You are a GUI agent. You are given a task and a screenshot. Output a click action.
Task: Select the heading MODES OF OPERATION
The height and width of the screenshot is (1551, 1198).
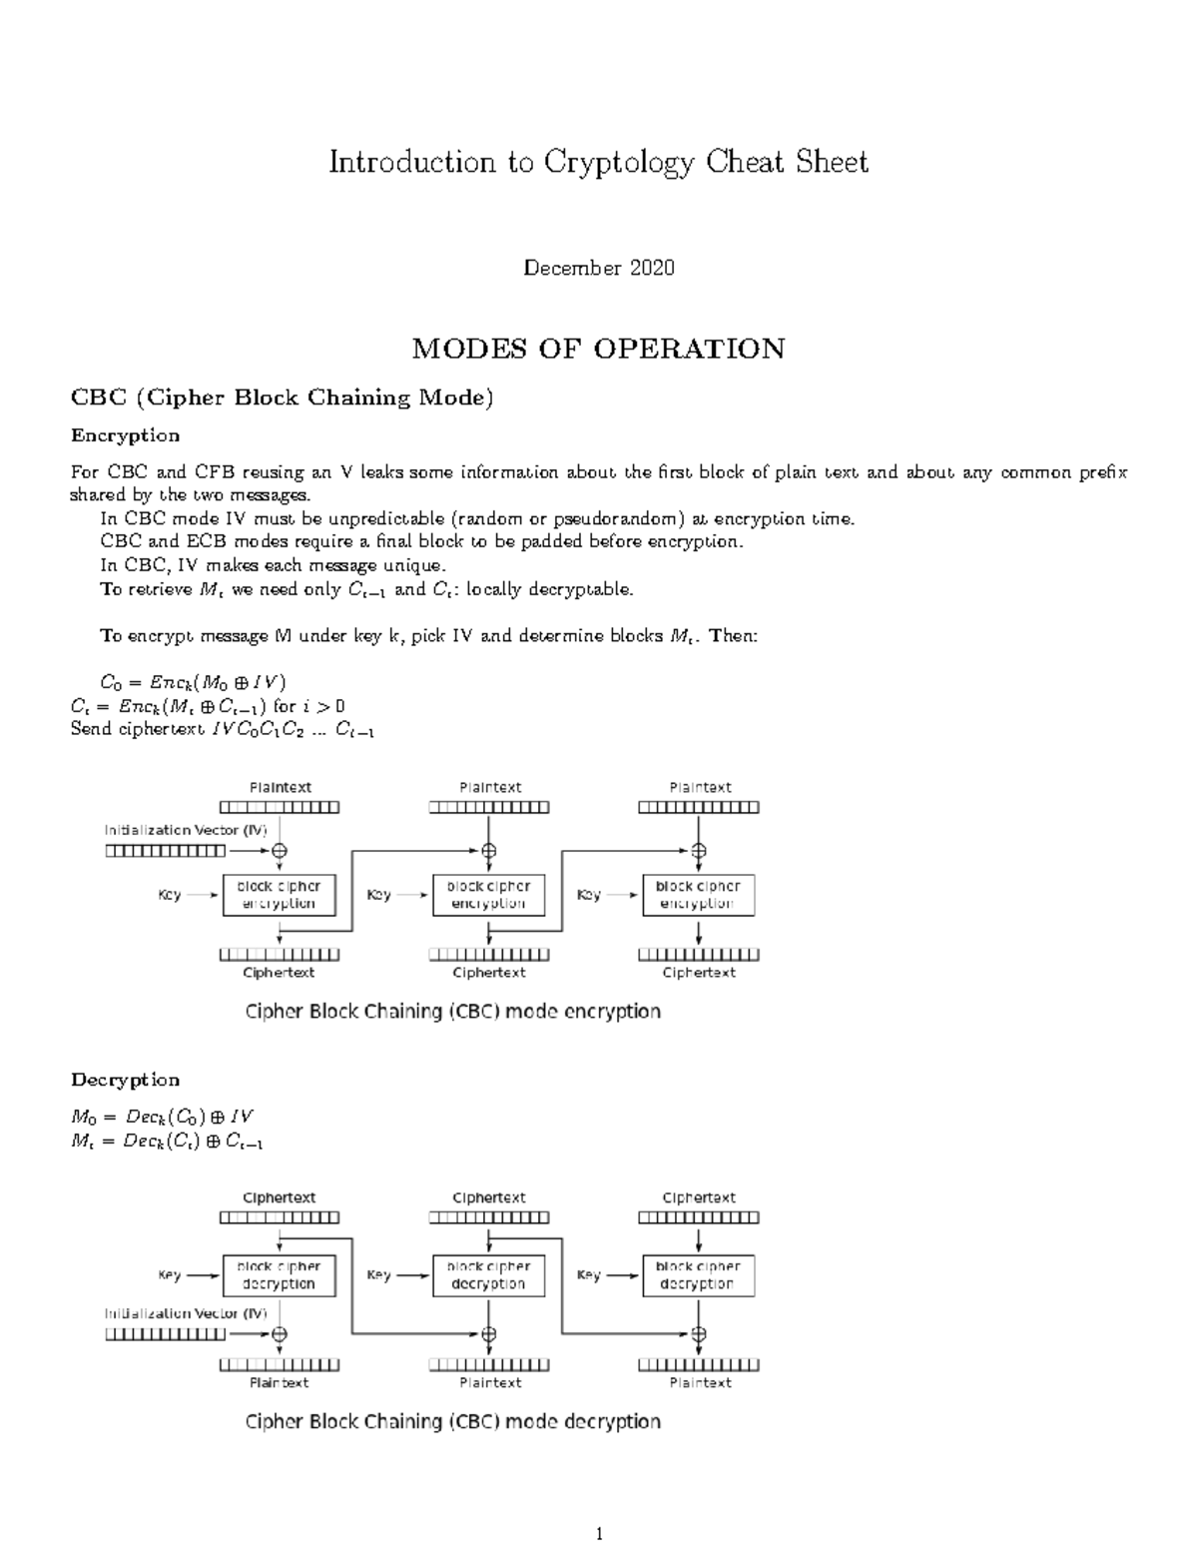[x=598, y=349]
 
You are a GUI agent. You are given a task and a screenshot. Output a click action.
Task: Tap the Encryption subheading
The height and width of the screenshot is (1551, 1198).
[x=125, y=435]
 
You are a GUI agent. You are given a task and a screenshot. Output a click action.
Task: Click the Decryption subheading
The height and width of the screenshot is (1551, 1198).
[x=125, y=1080]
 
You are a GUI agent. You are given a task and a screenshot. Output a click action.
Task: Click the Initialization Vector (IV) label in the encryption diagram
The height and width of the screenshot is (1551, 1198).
[x=186, y=830]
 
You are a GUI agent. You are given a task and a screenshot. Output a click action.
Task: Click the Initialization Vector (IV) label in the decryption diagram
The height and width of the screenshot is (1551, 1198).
[x=186, y=1313]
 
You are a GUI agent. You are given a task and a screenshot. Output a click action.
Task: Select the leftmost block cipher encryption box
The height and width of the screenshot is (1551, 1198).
[x=279, y=895]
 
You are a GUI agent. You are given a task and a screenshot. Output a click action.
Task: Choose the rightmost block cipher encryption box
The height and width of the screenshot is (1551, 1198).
[x=698, y=895]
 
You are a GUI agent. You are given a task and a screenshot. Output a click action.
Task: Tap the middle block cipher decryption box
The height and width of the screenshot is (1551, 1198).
[x=488, y=1275]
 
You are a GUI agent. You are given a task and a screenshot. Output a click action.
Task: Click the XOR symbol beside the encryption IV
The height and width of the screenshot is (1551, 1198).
[x=280, y=851]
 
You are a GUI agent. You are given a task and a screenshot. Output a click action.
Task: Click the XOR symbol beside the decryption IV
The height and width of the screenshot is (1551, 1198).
[x=280, y=1333]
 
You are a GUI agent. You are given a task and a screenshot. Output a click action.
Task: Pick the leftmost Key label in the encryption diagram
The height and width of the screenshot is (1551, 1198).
[x=170, y=895]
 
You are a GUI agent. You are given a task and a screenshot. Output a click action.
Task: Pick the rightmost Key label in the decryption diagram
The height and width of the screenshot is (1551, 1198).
[x=589, y=1275]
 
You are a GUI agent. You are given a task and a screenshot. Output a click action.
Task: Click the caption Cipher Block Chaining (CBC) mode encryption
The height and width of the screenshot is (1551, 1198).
[x=453, y=1012]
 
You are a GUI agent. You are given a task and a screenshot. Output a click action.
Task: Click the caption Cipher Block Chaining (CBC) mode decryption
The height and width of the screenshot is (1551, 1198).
[x=453, y=1422]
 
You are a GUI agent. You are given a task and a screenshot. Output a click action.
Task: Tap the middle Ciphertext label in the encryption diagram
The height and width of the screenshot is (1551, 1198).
[x=489, y=973]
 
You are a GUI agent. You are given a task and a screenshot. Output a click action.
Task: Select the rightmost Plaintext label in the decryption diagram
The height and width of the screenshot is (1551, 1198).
[x=700, y=1383]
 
